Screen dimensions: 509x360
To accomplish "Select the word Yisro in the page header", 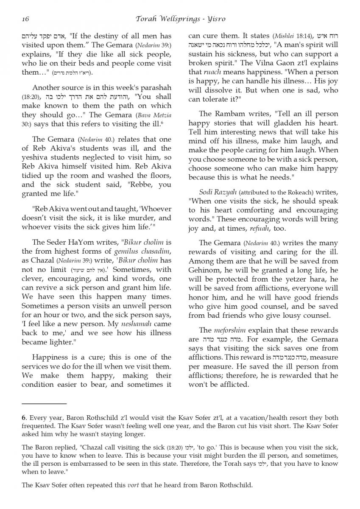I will tap(217, 19).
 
